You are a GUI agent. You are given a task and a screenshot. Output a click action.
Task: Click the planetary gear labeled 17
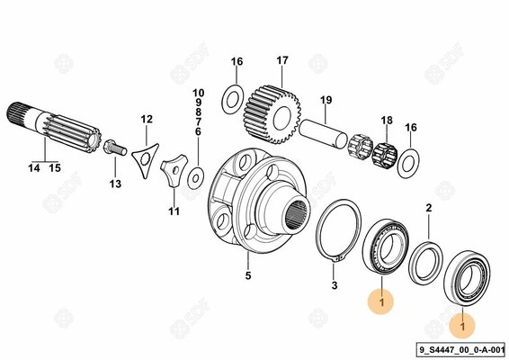coord(272,114)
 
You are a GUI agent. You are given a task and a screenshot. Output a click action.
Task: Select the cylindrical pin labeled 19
coord(324,133)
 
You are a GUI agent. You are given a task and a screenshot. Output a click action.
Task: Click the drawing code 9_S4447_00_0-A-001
coord(462,349)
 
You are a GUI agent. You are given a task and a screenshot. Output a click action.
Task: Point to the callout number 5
coord(248,275)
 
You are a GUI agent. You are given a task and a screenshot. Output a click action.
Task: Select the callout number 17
coord(282,60)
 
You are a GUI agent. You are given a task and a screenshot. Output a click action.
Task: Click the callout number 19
coord(326,100)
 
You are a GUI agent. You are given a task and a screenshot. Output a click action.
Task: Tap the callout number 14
coord(34,168)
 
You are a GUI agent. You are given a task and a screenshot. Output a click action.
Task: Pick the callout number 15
coord(55,168)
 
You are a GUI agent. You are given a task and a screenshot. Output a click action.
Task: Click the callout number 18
coord(387,121)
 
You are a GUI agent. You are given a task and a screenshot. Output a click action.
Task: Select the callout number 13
coord(115,184)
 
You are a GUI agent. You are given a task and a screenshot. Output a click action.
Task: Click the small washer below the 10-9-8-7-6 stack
coord(196,178)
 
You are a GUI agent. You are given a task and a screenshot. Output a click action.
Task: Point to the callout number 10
coord(199,94)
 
